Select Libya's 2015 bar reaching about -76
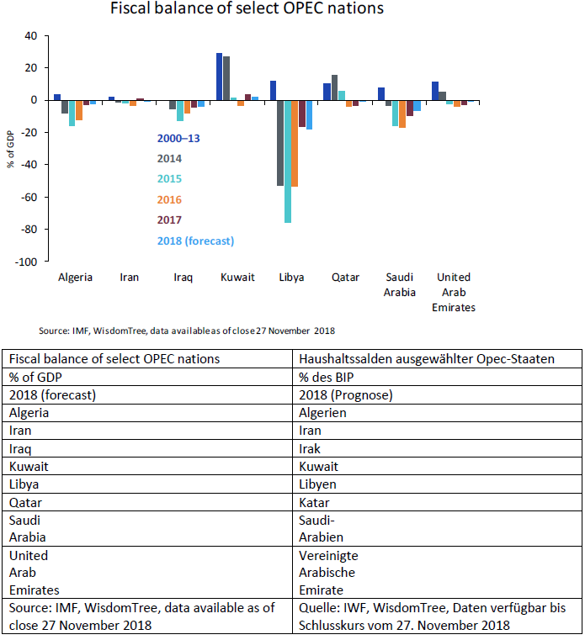pyautogui.click(x=288, y=161)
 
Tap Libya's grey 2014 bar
pyautogui.click(x=279, y=142)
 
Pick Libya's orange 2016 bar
pyautogui.click(x=295, y=143)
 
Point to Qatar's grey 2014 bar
pyautogui.click(x=334, y=87)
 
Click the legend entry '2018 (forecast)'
pyautogui.click(x=194, y=241)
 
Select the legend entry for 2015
pyautogui.click(x=169, y=178)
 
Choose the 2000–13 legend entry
pyautogui.click(x=178, y=137)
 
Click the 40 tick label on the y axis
pyautogui.click(x=31, y=36)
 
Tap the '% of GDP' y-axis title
pyautogui.click(x=12, y=149)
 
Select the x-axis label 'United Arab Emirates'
pyautogui.click(x=453, y=292)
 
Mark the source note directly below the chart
pyautogui.click(x=187, y=330)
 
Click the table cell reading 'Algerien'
pyautogui.click(x=323, y=413)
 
